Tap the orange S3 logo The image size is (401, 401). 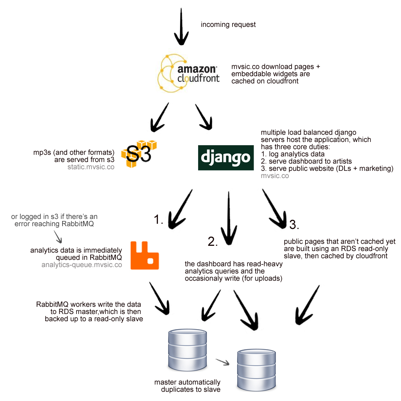pyautogui.click(x=138, y=154)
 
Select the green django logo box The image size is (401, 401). pyautogui.click(x=226, y=158)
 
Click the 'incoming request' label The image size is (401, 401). pyautogui.click(x=228, y=25)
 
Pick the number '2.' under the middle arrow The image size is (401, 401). pyautogui.click(x=213, y=241)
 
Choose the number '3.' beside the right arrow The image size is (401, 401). pyautogui.click(x=294, y=225)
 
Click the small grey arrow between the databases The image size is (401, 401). pyautogui.click(x=222, y=362)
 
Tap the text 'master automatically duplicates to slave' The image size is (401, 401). pyautogui.click(x=187, y=385)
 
